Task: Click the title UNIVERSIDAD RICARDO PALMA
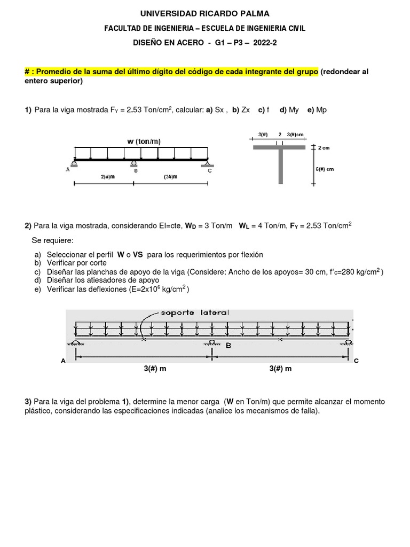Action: point(205,13)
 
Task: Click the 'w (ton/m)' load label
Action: point(144,141)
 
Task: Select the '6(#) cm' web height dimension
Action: point(325,169)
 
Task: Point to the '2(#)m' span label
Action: point(107,177)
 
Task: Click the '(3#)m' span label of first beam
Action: point(171,177)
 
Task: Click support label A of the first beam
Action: point(68,170)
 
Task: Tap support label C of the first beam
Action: point(210,170)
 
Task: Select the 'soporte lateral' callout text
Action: point(194,312)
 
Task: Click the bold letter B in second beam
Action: point(228,346)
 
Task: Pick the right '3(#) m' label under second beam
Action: point(280,369)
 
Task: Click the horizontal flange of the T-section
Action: point(279,147)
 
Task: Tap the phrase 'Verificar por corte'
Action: point(76,263)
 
